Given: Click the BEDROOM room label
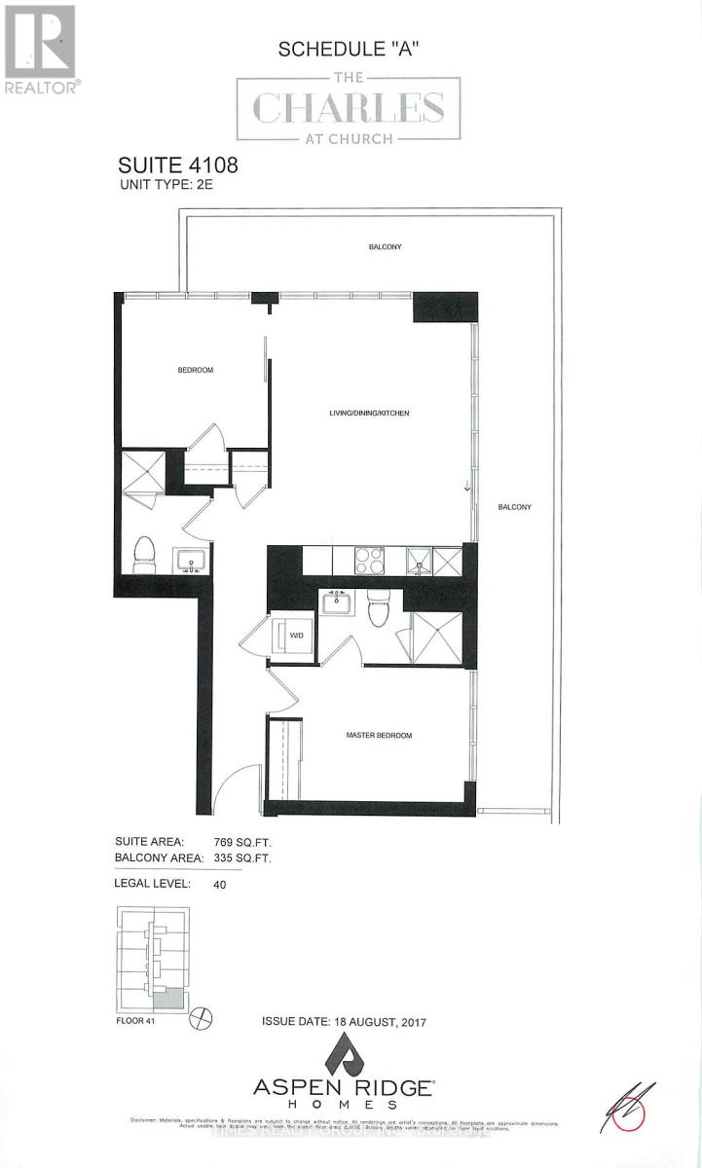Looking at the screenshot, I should coord(195,370).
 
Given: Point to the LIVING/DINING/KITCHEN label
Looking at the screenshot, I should coord(369,414).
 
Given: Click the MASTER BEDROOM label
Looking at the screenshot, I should coord(379,735).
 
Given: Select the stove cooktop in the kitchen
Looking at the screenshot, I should coord(368,561).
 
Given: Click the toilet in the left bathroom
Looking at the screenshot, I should coord(144,554).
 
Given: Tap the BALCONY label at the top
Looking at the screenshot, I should coord(385,247).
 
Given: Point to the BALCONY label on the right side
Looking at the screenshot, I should coord(514,507).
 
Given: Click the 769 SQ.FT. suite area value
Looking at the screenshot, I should coord(241,841).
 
